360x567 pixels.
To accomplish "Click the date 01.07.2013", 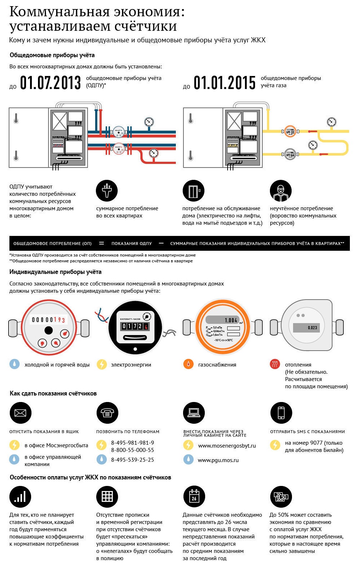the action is [50, 82].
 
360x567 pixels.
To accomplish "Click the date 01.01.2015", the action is [225, 82].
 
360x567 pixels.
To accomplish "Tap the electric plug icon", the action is [107, 191].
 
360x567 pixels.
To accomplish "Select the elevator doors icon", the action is [194, 191].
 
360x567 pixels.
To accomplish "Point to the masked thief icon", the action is [280, 191].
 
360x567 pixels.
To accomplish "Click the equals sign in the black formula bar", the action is [101, 243].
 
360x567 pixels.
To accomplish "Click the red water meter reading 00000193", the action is [48, 320].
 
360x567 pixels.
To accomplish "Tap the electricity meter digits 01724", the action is [135, 326].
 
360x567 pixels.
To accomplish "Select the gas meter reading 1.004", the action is [230, 320].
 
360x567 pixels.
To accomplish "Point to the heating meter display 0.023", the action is [312, 327].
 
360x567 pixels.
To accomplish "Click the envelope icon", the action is [21, 413].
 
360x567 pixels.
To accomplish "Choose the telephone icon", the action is [107, 413].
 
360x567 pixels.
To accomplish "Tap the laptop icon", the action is [194, 413].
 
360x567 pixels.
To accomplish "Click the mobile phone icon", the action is [281, 413].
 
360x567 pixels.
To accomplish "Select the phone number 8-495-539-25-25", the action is [132, 460].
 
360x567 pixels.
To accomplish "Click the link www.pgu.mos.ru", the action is [218, 460].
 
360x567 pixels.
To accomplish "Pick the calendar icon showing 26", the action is [194, 497].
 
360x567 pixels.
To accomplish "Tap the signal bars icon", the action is [20, 497].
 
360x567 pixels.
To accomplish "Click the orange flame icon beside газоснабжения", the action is [189, 364].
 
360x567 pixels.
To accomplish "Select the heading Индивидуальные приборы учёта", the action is [55, 272].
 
